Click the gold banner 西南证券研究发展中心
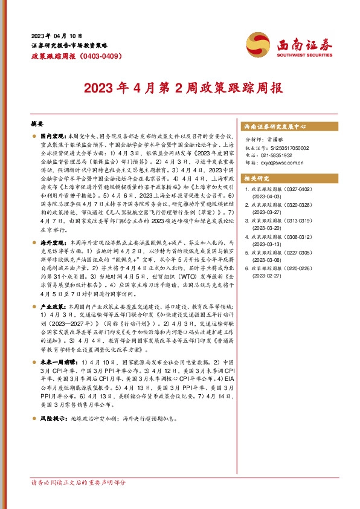coord(275,127)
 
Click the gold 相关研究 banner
coord(257,178)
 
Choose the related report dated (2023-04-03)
coord(266,197)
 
